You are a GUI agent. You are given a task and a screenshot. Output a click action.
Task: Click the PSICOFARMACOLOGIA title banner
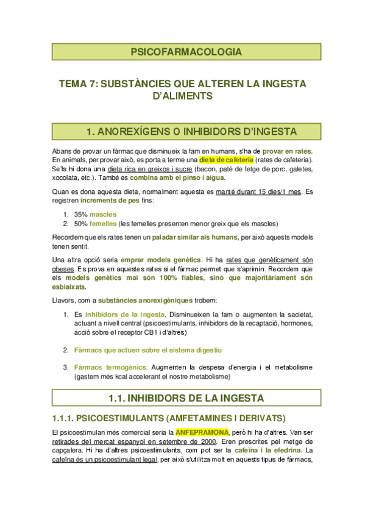[186, 52]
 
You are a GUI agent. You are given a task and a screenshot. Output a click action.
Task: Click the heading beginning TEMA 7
[186, 90]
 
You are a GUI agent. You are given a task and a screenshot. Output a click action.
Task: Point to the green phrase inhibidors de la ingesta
[117, 315]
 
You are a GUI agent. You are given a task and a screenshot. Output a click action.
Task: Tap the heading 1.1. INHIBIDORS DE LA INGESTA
[186, 398]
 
